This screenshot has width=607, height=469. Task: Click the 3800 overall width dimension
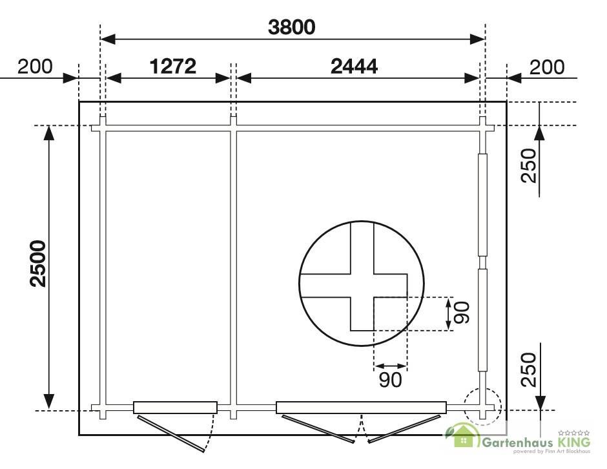click(291, 28)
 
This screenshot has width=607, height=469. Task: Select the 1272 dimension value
click(172, 67)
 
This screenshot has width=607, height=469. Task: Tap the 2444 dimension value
click(354, 67)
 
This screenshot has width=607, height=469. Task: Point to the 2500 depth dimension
click(38, 264)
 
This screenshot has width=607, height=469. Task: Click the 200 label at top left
click(35, 67)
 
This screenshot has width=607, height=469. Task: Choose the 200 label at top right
click(547, 67)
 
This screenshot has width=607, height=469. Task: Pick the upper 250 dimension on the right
click(529, 165)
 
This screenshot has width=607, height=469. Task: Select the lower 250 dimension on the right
click(529, 370)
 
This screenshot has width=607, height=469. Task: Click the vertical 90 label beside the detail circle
click(462, 313)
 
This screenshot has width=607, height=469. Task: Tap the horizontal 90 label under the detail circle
click(390, 380)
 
